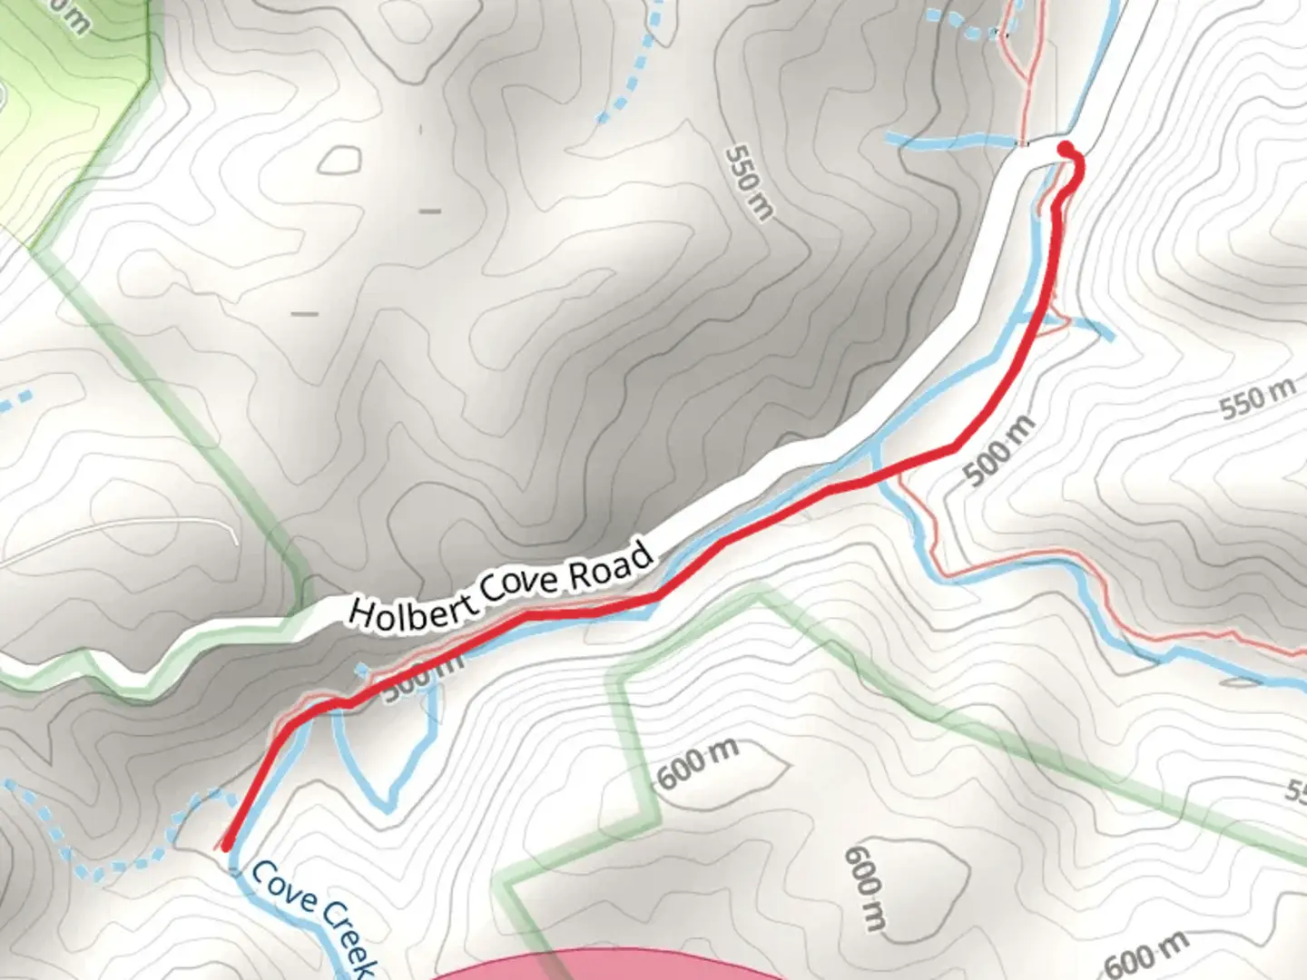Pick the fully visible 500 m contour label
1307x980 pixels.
click(x=998, y=451)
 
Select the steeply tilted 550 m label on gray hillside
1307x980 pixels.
click(x=751, y=182)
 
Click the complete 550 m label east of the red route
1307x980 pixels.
click(x=1257, y=399)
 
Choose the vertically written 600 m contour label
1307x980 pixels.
click(x=865, y=889)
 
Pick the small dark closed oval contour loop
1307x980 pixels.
click(x=340, y=161)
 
